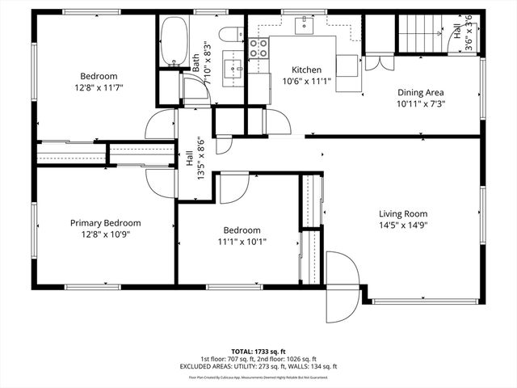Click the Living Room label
pos(402,213)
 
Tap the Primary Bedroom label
pos(105,223)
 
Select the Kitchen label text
pos(307,70)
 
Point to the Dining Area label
pos(421,92)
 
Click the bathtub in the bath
pos(174,42)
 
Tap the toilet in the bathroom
pos(229,36)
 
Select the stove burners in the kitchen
pos(258,48)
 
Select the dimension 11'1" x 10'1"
pos(242,241)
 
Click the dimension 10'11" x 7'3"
pos(421,103)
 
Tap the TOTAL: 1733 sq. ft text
pos(258,351)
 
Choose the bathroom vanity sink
pos(237,69)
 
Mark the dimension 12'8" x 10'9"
pos(105,234)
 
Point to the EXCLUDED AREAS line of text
pos(258,366)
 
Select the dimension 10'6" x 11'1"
pos(307,82)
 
